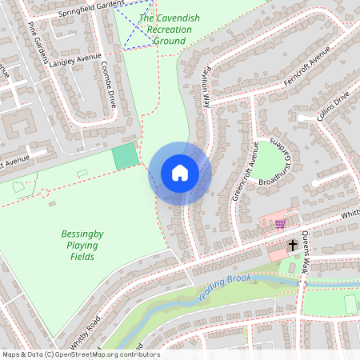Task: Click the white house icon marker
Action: [180, 173]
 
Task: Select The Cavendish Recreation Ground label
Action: [165, 29]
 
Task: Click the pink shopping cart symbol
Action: [280, 223]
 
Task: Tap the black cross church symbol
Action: [293, 244]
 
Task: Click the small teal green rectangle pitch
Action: [125, 157]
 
